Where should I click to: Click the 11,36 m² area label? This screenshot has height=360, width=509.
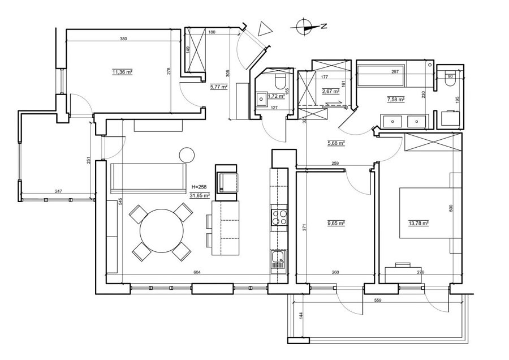pyautogui.click(x=122, y=72)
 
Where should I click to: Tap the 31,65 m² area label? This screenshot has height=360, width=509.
pyautogui.click(x=201, y=195)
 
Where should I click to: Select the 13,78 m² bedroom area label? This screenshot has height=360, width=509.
pyautogui.click(x=419, y=223)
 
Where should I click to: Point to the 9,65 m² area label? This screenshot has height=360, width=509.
pyautogui.click(x=337, y=223)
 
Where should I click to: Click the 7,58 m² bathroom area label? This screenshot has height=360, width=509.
pyautogui.click(x=396, y=99)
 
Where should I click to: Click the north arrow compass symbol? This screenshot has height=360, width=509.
pyautogui.click(x=305, y=25)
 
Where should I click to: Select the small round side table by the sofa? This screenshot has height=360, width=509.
pyautogui.click(x=186, y=155)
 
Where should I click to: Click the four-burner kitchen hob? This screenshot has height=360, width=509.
pyautogui.click(x=279, y=218)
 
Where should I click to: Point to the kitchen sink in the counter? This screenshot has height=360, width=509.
pyautogui.click(x=278, y=261)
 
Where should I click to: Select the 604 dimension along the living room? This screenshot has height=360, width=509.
pyautogui.click(x=197, y=273)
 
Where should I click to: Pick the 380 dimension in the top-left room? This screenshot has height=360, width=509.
pyautogui.click(x=123, y=39)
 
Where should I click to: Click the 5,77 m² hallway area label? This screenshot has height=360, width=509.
pyautogui.click(x=218, y=87)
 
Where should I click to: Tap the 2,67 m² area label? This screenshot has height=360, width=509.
pyautogui.click(x=330, y=91)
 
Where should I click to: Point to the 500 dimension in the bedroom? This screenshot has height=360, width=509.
pyautogui.click(x=451, y=208)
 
